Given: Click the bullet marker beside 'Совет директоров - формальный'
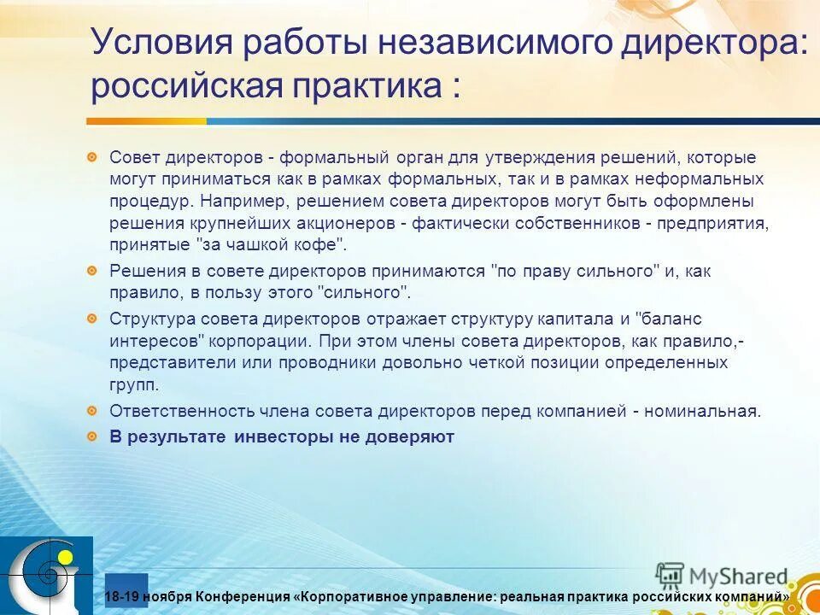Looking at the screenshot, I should click(x=91, y=158).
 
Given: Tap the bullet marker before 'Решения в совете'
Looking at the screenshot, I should click(x=91, y=271).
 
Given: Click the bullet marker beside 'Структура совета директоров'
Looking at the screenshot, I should click(x=91, y=319).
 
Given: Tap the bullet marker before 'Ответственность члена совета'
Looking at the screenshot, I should click(x=91, y=411).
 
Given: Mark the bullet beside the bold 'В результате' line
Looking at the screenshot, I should click(x=91, y=436).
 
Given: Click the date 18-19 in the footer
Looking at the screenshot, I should click(x=121, y=595).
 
